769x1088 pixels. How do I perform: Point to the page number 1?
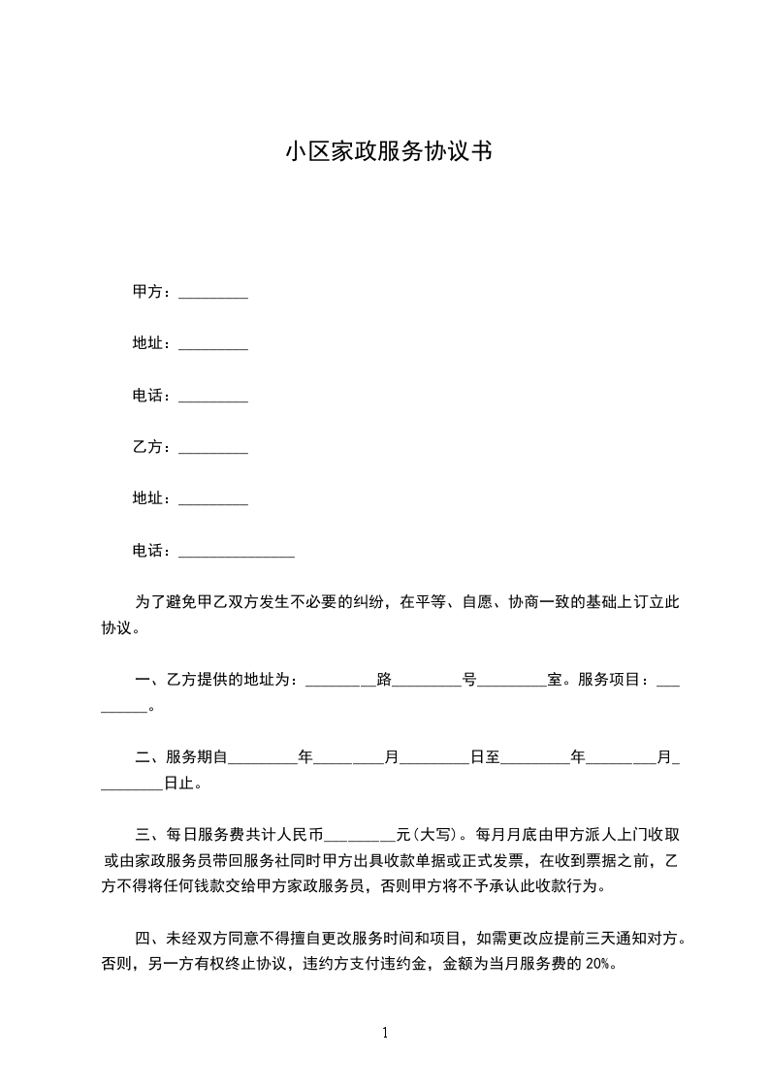tap(385, 1032)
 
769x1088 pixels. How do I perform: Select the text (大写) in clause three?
tap(435, 833)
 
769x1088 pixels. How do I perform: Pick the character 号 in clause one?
tap(469, 680)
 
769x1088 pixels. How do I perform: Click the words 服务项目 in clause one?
tap(611, 680)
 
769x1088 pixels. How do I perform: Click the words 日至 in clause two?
tap(485, 757)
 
